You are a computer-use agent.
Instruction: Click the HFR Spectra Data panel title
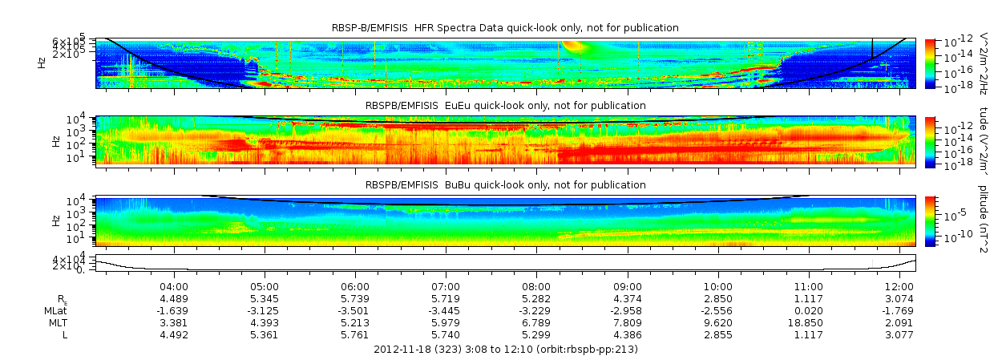(505, 28)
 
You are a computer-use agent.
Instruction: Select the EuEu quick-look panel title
(505, 105)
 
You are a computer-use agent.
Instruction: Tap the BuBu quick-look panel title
(505, 184)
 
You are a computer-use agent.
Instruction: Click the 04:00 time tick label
(174, 286)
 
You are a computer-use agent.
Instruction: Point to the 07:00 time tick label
(446, 286)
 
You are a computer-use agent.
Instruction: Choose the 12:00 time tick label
(899, 286)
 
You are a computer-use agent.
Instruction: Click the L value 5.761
(355, 334)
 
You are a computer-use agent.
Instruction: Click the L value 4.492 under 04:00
(174, 334)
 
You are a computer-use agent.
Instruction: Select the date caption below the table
(506, 349)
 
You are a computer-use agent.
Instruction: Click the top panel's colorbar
(930, 63)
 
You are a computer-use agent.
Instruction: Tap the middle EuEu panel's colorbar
(930, 140)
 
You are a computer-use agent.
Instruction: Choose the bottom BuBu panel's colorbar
(930, 220)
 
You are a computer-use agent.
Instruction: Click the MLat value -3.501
(355, 310)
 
